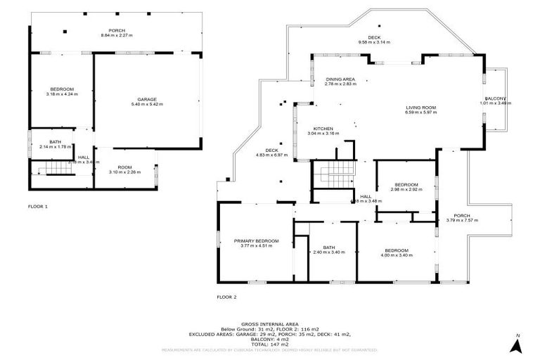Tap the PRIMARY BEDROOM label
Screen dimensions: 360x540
(x=256, y=241)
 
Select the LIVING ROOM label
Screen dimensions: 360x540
(x=420, y=107)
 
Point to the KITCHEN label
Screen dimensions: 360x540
(x=323, y=128)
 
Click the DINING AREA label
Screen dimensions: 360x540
(x=340, y=79)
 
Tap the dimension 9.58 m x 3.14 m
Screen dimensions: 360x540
(x=374, y=42)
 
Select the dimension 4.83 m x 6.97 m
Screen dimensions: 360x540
(x=272, y=155)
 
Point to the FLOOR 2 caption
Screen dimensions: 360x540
(x=227, y=297)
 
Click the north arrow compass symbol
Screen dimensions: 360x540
(x=517, y=344)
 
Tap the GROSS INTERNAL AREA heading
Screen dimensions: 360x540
(x=270, y=318)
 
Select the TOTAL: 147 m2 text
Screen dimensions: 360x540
(x=270, y=342)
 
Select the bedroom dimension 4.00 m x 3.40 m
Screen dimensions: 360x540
(x=396, y=255)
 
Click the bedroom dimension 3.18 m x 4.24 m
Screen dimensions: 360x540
(x=62, y=94)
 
